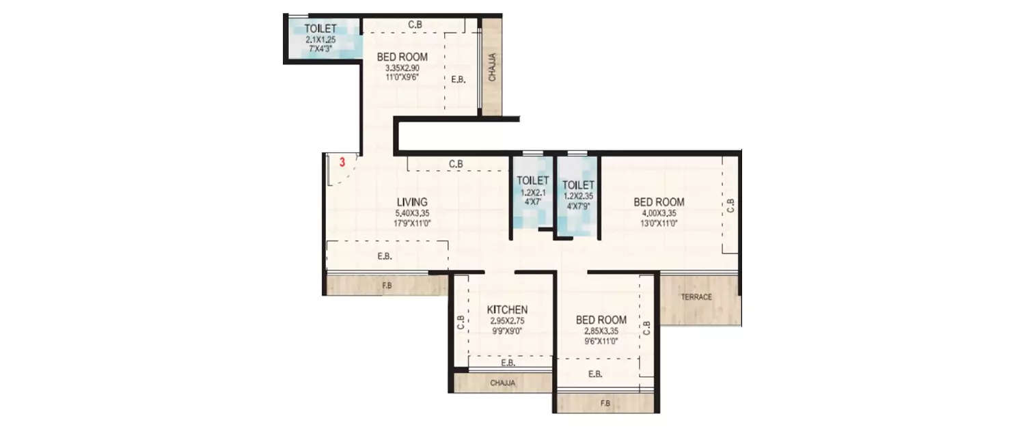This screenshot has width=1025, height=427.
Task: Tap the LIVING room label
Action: click(412, 202)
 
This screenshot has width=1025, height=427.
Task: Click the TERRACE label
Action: click(696, 297)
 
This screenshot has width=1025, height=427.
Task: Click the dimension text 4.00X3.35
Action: click(659, 212)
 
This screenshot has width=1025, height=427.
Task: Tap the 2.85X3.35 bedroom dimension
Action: click(601, 330)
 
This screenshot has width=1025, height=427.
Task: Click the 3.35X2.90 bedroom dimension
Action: click(402, 68)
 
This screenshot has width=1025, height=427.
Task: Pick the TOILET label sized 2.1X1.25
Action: click(320, 29)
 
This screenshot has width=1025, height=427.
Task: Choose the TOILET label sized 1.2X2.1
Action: click(532, 180)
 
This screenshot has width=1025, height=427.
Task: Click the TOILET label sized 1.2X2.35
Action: click(577, 184)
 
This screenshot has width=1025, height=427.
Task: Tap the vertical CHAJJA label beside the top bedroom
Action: click(492, 68)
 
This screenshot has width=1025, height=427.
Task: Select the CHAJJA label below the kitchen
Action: click(502, 383)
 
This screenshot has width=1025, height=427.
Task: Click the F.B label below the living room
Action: click(387, 285)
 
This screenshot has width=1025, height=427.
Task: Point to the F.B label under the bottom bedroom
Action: click(605, 403)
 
